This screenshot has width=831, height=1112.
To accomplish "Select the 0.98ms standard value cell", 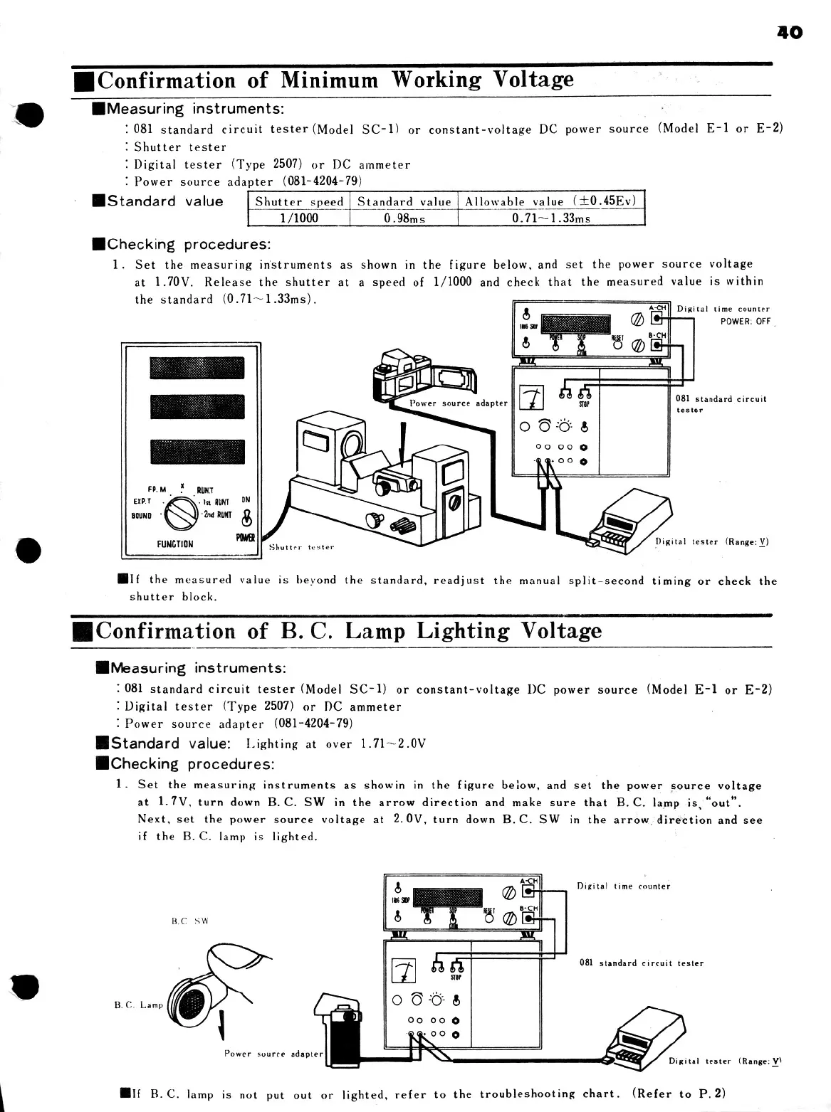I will [404, 218].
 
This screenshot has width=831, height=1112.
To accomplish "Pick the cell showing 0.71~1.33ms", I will [551, 218].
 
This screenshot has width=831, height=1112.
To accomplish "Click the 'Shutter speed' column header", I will [299, 201].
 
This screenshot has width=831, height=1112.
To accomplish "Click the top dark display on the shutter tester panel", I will [197, 368].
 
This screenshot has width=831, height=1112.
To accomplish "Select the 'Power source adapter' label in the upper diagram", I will [459, 403].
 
